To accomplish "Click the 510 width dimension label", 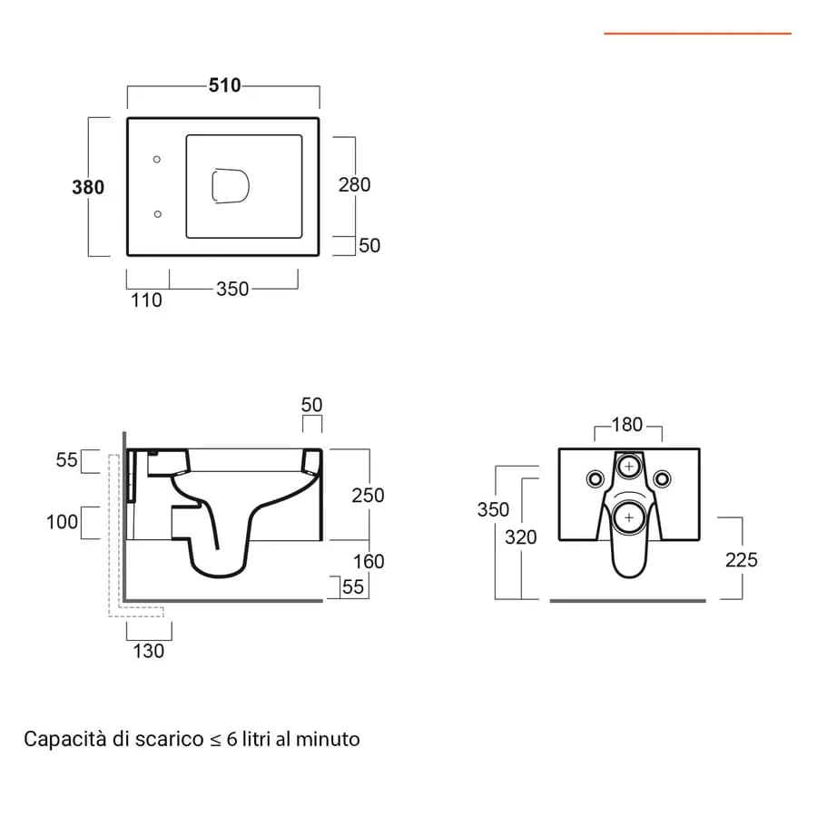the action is point(224,85).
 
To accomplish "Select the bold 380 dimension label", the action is point(88,187).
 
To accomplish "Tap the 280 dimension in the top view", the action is point(354,184).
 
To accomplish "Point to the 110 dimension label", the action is point(146,300).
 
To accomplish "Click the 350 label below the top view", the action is point(232,289).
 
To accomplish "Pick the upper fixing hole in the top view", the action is point(157,160).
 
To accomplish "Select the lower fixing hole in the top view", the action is point(158,214).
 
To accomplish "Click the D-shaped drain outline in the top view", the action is point(231,186).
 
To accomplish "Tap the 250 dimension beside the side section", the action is point(368,495).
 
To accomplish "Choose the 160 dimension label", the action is point(369,561).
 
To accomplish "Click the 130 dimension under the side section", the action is point(149,651).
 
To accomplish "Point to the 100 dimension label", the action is point(62,522).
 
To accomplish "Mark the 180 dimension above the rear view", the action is point(626,425).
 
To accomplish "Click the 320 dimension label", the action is point(520,536).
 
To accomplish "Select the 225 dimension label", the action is point(742,560).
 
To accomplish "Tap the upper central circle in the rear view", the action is point(629,466).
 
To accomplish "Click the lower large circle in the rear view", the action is point(629,518).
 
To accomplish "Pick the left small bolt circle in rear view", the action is point(596,478).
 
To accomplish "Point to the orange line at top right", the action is point(698,34).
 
